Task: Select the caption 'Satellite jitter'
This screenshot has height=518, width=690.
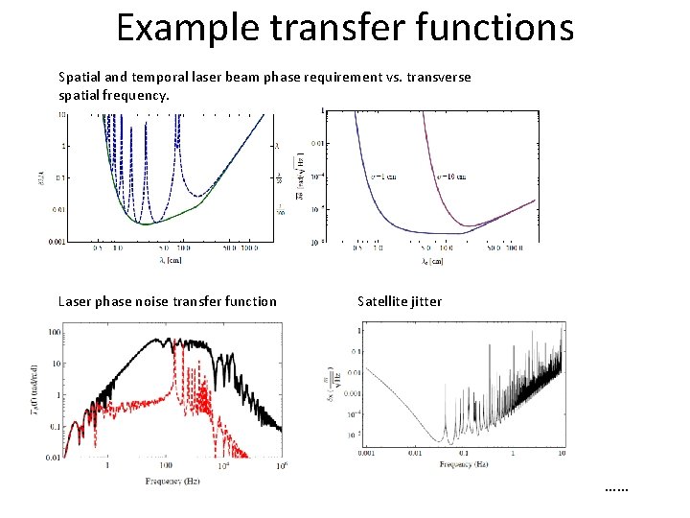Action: click(400, 301)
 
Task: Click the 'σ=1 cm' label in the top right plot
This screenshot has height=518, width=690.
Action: click(385, 177)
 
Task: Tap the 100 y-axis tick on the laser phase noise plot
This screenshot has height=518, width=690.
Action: click(55, 332)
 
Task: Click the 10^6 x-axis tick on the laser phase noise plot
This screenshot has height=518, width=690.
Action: click(282, 467)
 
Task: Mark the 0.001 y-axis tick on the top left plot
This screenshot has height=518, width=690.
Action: click(57, 243)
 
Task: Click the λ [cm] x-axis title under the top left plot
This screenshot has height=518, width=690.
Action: click(173, 259)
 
